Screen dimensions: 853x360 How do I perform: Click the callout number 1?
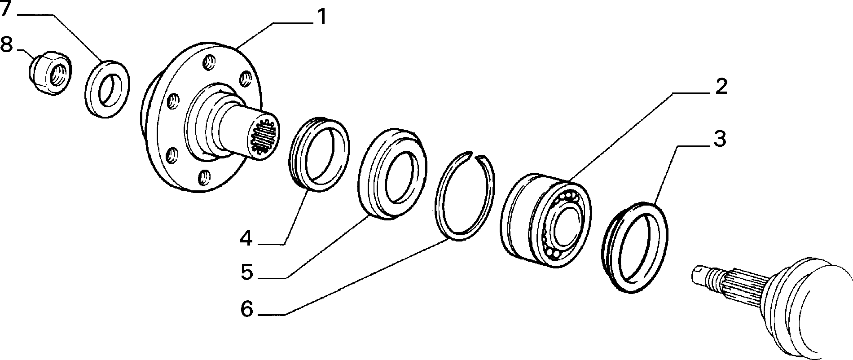click(322, 17)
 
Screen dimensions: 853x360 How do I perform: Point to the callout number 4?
click(246, 238)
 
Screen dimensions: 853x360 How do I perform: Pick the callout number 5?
click(246, 272)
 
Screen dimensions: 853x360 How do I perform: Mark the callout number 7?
click(7, 9)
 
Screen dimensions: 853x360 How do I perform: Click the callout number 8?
click(7, 45)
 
